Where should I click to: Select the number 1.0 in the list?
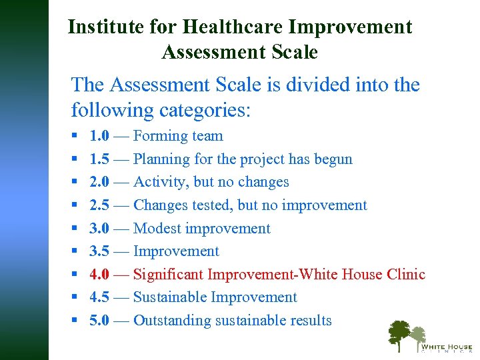100,136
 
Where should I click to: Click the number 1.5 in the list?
100,159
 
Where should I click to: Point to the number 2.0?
100,182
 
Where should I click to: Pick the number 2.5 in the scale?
100,205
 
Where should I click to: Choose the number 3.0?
100,229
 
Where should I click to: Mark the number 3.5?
100,251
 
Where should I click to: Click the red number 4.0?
100,275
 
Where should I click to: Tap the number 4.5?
100,297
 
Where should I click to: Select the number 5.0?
100,321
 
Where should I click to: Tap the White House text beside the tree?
446,347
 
